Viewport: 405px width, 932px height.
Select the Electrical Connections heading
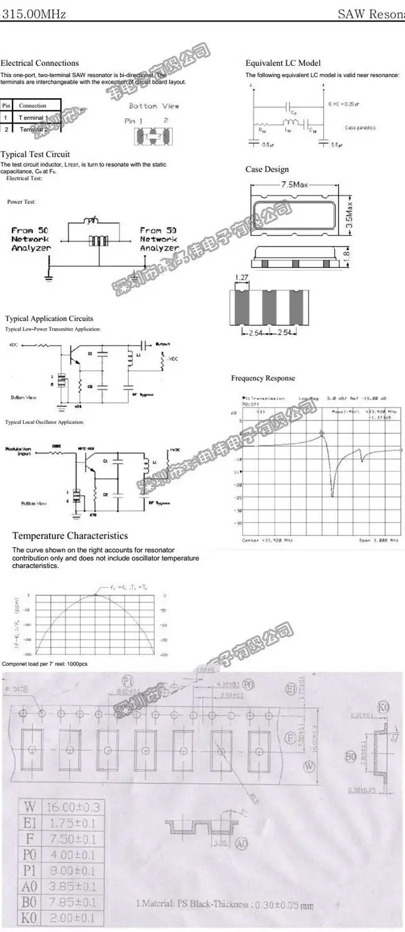40,63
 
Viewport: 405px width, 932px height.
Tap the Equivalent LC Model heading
283,63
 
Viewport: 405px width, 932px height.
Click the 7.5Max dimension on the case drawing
294,185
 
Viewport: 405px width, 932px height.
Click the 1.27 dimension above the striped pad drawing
242,277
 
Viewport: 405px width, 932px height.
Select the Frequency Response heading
263,378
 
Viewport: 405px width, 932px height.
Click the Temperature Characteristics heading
70,536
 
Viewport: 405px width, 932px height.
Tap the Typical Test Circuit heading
35,154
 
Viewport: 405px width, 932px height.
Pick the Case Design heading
267,169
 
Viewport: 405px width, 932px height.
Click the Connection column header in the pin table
33,106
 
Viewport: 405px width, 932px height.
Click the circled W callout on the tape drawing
309,767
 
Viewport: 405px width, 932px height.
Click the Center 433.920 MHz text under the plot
266,540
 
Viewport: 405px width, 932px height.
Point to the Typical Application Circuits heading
49,319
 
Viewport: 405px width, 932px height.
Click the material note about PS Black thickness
225,905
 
